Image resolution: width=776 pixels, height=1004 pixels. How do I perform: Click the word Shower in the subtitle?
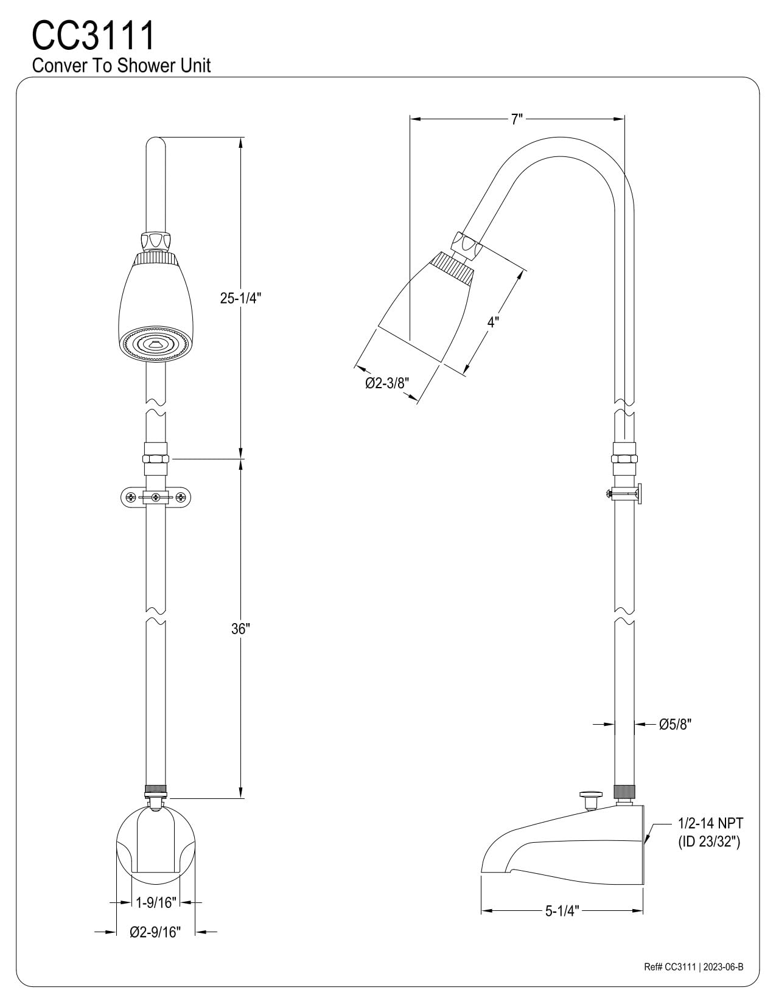pos(143,66)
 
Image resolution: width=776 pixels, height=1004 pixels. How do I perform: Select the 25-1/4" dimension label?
pos(240,298)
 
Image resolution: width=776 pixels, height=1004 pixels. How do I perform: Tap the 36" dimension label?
pos(240,629)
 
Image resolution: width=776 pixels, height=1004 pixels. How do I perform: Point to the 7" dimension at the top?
pos(517,119)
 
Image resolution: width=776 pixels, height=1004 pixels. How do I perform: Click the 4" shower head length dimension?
pos(493,322)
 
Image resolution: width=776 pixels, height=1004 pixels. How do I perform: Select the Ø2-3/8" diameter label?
pos(387,383)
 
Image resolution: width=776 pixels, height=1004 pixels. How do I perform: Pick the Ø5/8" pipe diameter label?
pos(675,724)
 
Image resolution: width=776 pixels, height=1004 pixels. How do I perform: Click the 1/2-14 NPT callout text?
pos(710,824)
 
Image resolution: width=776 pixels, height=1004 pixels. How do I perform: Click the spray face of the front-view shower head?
pos(155,344)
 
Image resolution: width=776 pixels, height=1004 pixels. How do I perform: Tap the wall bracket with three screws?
pos(156,497)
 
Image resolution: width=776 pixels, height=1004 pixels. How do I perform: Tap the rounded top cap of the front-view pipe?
pos(156,146)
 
